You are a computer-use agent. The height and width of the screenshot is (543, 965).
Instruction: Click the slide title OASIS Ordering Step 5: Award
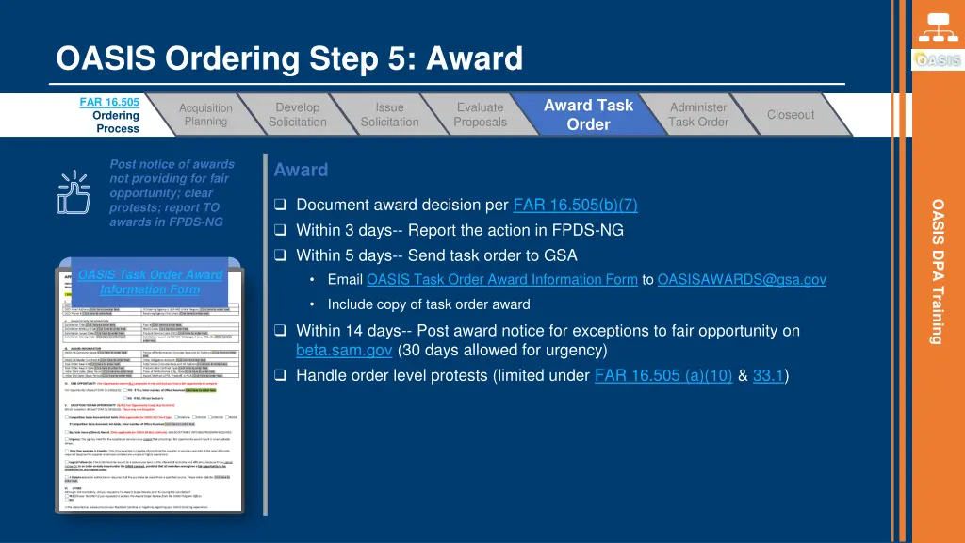coord(289,59)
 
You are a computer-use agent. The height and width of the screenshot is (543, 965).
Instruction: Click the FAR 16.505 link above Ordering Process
coord(109,102)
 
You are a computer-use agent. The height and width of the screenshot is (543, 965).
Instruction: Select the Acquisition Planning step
coord(205,115)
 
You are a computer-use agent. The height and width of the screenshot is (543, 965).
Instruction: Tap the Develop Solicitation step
coord(297,115)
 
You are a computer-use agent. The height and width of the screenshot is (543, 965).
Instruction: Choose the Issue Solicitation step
coord(389,115)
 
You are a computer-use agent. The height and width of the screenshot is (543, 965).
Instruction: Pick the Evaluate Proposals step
coord(480,115)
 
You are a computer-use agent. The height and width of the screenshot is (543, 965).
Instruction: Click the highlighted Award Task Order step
coord(588,115)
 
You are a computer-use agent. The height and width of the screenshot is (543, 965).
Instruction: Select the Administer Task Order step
coord(698,115)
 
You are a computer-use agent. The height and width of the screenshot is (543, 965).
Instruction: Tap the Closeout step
coord(790,115)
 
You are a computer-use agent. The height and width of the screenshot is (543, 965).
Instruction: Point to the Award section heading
coord(301,171)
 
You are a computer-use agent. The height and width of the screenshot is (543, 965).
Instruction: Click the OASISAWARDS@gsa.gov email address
coord(742,279)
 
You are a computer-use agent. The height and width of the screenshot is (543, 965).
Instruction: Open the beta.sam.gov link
coord(344,350)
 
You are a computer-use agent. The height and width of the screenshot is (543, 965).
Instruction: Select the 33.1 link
coord(769,376)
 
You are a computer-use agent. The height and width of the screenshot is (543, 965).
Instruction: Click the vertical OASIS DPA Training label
coord(938,271)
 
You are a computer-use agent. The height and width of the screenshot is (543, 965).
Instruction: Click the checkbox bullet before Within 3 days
coord(280,231)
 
